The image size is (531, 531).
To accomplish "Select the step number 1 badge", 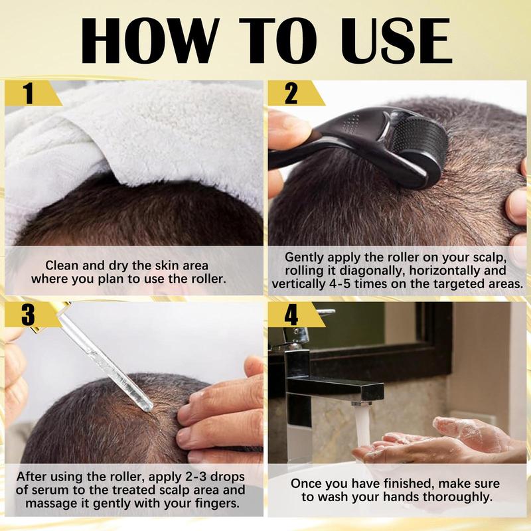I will [x=27, y=94].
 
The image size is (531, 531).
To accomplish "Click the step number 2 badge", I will [x=291, y=94].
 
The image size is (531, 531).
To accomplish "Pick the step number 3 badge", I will [x=27, y=315].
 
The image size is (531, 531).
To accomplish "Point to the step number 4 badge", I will [x=291, y=315].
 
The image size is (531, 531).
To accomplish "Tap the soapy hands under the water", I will [x=445, y=438].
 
